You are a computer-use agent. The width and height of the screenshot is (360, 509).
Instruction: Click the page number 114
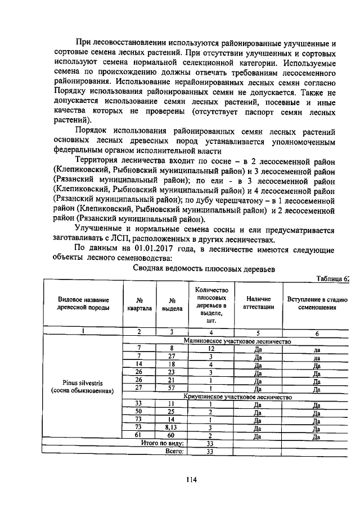click(191, 479)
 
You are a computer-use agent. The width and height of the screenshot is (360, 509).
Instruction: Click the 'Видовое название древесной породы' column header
click(83, 304)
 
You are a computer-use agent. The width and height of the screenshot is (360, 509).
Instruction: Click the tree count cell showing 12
click(209, 349)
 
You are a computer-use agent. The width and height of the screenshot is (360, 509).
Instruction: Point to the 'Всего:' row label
click(175, 451)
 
